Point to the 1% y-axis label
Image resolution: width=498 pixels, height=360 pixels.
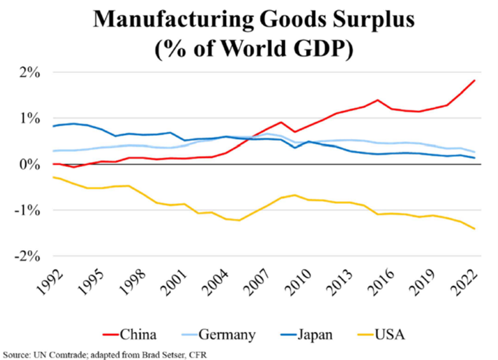point(30,119)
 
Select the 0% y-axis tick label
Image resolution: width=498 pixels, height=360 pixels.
point(30,165)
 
